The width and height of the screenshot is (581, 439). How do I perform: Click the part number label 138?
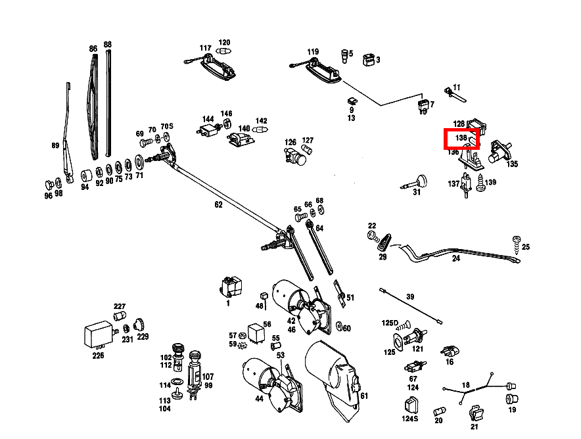pyautogui.click(x=461, y=138)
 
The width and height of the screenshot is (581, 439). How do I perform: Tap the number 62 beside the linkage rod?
pyautogui.click(x=219, y=204)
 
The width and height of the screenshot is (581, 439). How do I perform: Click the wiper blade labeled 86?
pyautogui.click(x=93, y=106)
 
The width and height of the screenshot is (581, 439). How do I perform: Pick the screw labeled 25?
pyautogui.click(x=517, y=244)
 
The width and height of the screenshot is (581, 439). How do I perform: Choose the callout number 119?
pyautogui.click(x=313, y=51)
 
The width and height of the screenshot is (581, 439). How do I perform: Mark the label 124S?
pyautogui.click(x=410, y=419)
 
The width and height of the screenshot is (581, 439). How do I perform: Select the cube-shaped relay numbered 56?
pyautogui.click(x=256, y=332)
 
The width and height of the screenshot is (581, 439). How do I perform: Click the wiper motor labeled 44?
pyautogui.click(x=273, y=384)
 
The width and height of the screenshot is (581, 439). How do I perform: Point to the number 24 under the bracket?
pyautogui.click(x=455, y=258)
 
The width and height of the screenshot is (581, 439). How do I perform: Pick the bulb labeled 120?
pyautogui.click(x=224, y=51)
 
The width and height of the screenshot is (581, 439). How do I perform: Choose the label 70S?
pyautogui.click(x=167, y=127)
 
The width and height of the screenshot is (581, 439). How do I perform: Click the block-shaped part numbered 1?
pyautogui.click(x=231, y=287)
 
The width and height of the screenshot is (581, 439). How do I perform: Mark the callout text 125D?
pyautogui.click(x=390, y=323)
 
